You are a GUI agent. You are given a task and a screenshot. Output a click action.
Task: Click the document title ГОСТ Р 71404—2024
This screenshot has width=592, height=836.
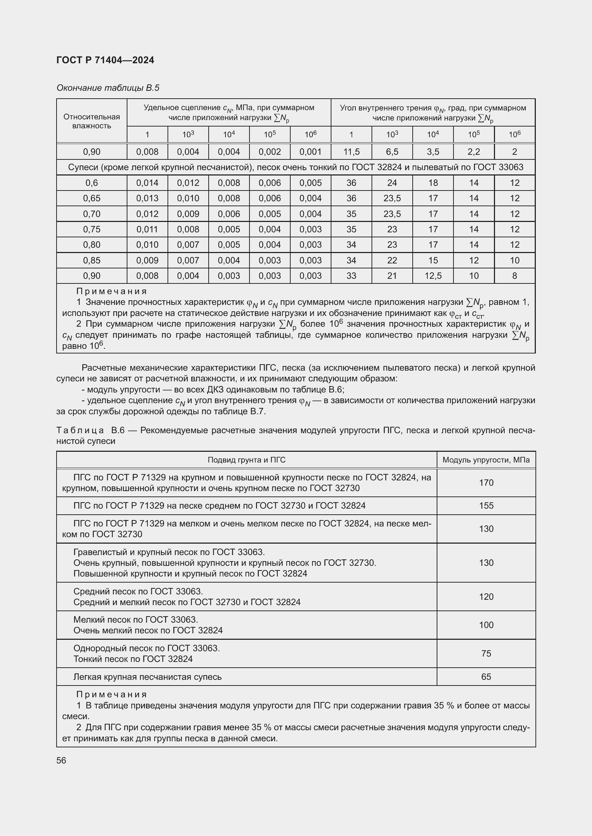105,60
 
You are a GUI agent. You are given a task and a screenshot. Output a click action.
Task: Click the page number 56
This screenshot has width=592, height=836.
61,760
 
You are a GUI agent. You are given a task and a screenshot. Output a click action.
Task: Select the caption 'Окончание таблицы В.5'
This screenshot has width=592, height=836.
108,88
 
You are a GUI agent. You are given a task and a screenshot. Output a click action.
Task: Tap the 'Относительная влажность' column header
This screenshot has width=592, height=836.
92,121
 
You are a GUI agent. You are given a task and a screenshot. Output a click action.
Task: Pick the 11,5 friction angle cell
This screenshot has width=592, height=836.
351,152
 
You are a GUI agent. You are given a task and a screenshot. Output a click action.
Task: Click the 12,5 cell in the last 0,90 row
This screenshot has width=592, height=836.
433,276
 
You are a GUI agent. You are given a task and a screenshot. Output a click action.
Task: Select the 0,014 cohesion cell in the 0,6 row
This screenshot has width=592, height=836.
147,183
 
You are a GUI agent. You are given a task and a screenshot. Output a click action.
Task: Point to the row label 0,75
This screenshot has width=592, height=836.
92,229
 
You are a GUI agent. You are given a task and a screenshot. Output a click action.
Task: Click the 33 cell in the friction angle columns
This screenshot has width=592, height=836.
351,276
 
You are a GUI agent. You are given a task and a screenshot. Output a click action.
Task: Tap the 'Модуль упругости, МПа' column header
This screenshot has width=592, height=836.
486,460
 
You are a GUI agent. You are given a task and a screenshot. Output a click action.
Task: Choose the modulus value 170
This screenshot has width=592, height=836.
486,483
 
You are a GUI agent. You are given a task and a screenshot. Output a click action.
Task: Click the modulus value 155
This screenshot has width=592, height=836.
486,506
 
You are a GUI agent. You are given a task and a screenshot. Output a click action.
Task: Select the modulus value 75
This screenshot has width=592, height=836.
486,654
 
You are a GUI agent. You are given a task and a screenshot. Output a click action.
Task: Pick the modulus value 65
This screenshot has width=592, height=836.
486,677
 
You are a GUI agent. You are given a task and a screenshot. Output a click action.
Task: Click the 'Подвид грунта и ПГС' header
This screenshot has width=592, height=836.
246,460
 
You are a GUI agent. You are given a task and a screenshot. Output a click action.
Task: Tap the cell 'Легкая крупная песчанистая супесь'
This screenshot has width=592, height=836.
147,677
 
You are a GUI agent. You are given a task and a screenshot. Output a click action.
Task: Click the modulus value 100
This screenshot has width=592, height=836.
486,625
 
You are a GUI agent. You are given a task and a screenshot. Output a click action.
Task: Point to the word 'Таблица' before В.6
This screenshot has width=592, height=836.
81,430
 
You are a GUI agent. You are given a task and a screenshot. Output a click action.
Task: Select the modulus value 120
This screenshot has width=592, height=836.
486,597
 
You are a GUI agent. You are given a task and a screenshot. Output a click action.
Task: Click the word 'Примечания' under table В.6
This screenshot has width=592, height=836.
112,694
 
